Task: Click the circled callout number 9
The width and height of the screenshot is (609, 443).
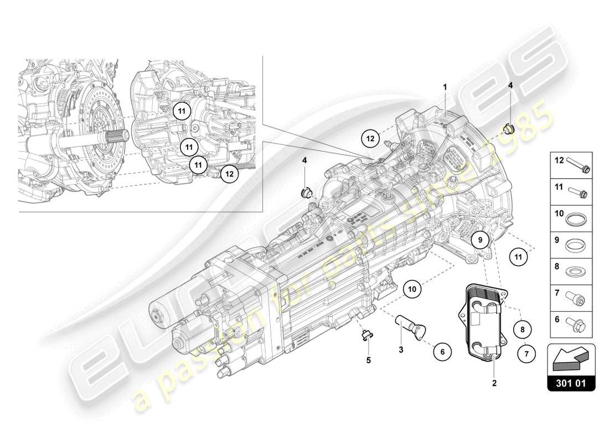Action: [x=481, y=240]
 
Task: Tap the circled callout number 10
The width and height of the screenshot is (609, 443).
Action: [x=412, y=288]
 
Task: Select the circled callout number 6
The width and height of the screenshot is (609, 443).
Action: [x=442, y=350]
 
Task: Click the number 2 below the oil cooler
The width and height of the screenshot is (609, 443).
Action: [x=494, y=383]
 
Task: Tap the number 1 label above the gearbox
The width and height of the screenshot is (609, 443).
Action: [x=444, y=87]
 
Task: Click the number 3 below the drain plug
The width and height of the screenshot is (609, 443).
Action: [x=400, y=350]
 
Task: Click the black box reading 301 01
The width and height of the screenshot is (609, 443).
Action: [x=571, y=382]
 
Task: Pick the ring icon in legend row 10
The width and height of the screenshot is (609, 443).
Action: [x=578, y=220]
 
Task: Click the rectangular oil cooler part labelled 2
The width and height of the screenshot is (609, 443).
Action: [x=482, y=321]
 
